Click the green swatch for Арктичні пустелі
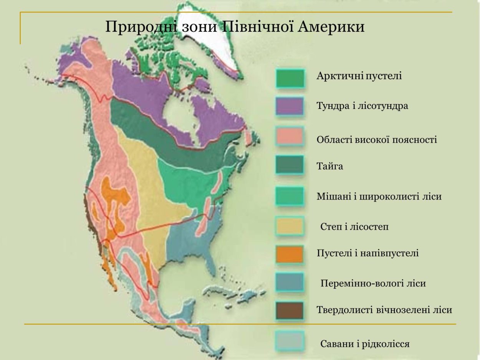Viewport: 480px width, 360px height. [290, 78]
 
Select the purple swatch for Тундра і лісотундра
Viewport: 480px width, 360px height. [290, 106]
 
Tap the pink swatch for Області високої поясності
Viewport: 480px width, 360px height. [290, 136]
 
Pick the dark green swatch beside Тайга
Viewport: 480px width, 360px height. [290, 165]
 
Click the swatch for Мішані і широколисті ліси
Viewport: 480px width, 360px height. [290, 196]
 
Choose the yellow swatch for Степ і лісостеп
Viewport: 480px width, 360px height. [290, 226]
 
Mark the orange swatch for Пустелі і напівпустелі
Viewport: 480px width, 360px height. [290, 254]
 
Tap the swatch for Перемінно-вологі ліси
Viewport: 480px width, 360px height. [290, 282]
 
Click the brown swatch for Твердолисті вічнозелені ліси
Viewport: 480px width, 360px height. [290, 310]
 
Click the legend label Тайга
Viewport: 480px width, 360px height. [329, 167]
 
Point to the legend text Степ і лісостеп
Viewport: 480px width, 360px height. [354, 227]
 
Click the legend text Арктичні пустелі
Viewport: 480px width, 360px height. [359, 76]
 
